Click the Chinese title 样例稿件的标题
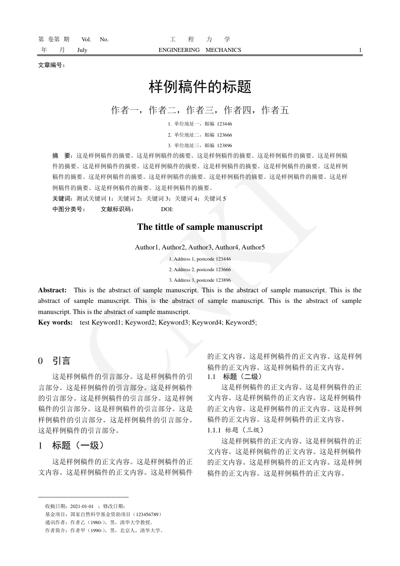[x=200, y=87]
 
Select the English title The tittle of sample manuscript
[x=200, y=227]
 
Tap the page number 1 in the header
[x=360, y=50]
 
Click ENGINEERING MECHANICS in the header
[x=200, y=50]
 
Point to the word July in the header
[x=82, y=50]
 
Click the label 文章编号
[x=51, y=65]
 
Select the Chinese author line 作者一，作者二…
[x=200, y=110]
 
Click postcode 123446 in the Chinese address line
[x=224, y=123]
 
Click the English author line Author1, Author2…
[x=200, y=247]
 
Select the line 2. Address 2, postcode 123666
[x=200, y=270]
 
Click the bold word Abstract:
[x=52, y=290]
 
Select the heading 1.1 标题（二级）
[x=234, y=376]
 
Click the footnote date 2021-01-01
[x=82, y=506]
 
